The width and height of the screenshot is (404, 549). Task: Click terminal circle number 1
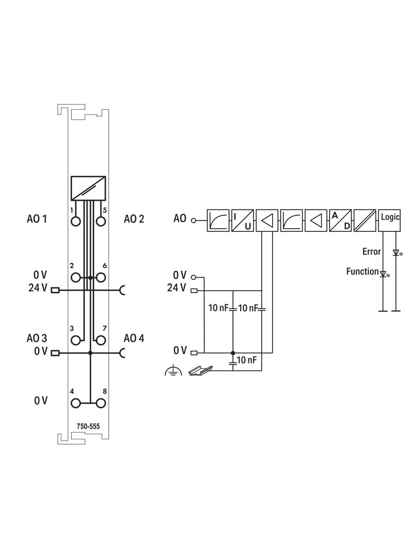[x=76, y=221]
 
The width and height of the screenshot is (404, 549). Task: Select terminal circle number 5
[x=101, y=221]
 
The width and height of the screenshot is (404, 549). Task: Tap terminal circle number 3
[x=76, y=340]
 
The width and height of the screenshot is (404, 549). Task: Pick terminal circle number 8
[x=101, y=403]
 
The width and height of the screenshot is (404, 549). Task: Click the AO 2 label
[x=134, y=219]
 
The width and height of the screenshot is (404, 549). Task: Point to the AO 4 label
[x=134, y=338]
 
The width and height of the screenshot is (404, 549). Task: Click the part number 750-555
[x=88, y=426]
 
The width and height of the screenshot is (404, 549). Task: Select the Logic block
[x=389, y=220]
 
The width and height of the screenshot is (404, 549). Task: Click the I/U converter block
[x=243, y=220]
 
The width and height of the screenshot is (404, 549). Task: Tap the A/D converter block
[x=340, y=220]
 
